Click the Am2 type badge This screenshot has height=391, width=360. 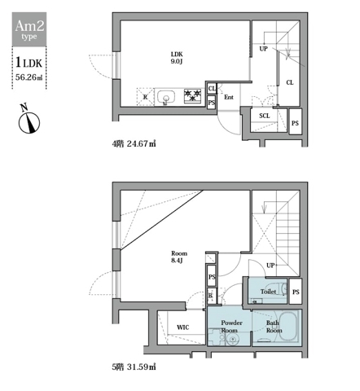point(29,29)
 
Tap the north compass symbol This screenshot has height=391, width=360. point(29,120)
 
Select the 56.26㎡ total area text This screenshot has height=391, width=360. point(29,77)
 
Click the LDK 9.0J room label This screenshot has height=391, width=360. point(177,58)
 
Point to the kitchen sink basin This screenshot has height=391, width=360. point(165,97)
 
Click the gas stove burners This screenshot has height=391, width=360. point(192,96)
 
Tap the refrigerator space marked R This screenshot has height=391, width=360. point(145,97)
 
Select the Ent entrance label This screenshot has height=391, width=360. point(229,97)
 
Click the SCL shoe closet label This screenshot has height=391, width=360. point(265,116)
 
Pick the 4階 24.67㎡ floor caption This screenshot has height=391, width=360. point(134,143)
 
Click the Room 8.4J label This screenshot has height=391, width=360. point(179,257)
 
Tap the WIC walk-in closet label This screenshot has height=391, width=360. point(182,327)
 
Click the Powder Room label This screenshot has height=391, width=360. point(231,327)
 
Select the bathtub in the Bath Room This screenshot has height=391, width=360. point(288,327)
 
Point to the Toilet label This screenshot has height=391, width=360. point(268,292)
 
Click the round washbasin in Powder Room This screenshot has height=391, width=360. point(232,340)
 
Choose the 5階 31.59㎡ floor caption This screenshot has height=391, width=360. point(134,367)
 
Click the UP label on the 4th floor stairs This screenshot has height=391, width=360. point(263,49)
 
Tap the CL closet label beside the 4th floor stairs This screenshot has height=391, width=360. point(290,82)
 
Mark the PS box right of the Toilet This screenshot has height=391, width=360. point(296,292)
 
